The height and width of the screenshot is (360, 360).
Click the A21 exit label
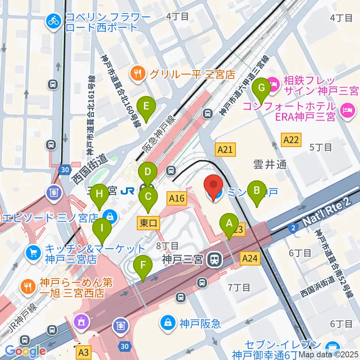point(225,150)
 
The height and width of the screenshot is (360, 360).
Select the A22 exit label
point(291,140)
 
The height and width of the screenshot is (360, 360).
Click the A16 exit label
point(177,198)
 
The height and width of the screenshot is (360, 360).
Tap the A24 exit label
point(250,258)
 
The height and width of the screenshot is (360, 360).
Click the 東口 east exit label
point(148,223)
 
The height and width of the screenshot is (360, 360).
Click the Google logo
point(25,351)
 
